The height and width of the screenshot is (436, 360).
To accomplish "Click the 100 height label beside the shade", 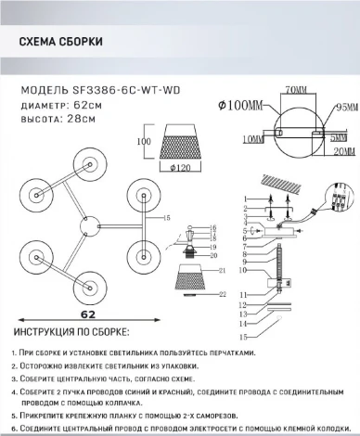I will click(143, 142).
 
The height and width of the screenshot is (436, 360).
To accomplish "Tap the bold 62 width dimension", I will click(65, 314).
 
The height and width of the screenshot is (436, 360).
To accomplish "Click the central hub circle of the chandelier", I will click(67, 226).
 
